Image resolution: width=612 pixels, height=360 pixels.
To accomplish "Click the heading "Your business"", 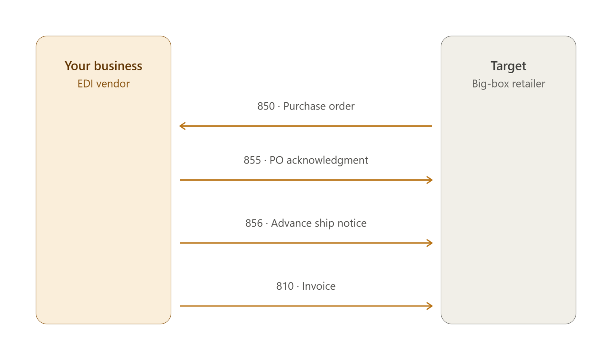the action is pos(103,66).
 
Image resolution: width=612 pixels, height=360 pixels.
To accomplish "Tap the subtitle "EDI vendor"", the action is pos(103,84).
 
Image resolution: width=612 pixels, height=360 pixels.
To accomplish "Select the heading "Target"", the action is pos(508,66).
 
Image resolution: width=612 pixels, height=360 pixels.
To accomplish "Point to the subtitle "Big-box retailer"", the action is pos(508,84).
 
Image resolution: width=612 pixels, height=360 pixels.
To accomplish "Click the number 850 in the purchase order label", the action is pos(266,106).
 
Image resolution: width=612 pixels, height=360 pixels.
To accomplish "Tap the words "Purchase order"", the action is pos(318,106).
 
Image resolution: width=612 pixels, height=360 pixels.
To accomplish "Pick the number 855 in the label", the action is pos(252,160).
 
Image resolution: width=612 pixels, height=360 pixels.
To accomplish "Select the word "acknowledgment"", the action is pos(327,161).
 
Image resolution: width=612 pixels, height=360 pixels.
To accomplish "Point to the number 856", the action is pos(254,223).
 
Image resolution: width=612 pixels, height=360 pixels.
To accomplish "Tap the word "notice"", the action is pos(352,223).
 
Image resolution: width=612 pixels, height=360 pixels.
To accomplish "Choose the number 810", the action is pos(284,286).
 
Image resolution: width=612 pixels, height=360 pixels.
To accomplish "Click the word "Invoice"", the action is pos(318,286).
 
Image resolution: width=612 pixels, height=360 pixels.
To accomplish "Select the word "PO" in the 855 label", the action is pos(276,160).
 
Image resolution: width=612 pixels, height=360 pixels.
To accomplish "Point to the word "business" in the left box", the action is pos(118,66).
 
